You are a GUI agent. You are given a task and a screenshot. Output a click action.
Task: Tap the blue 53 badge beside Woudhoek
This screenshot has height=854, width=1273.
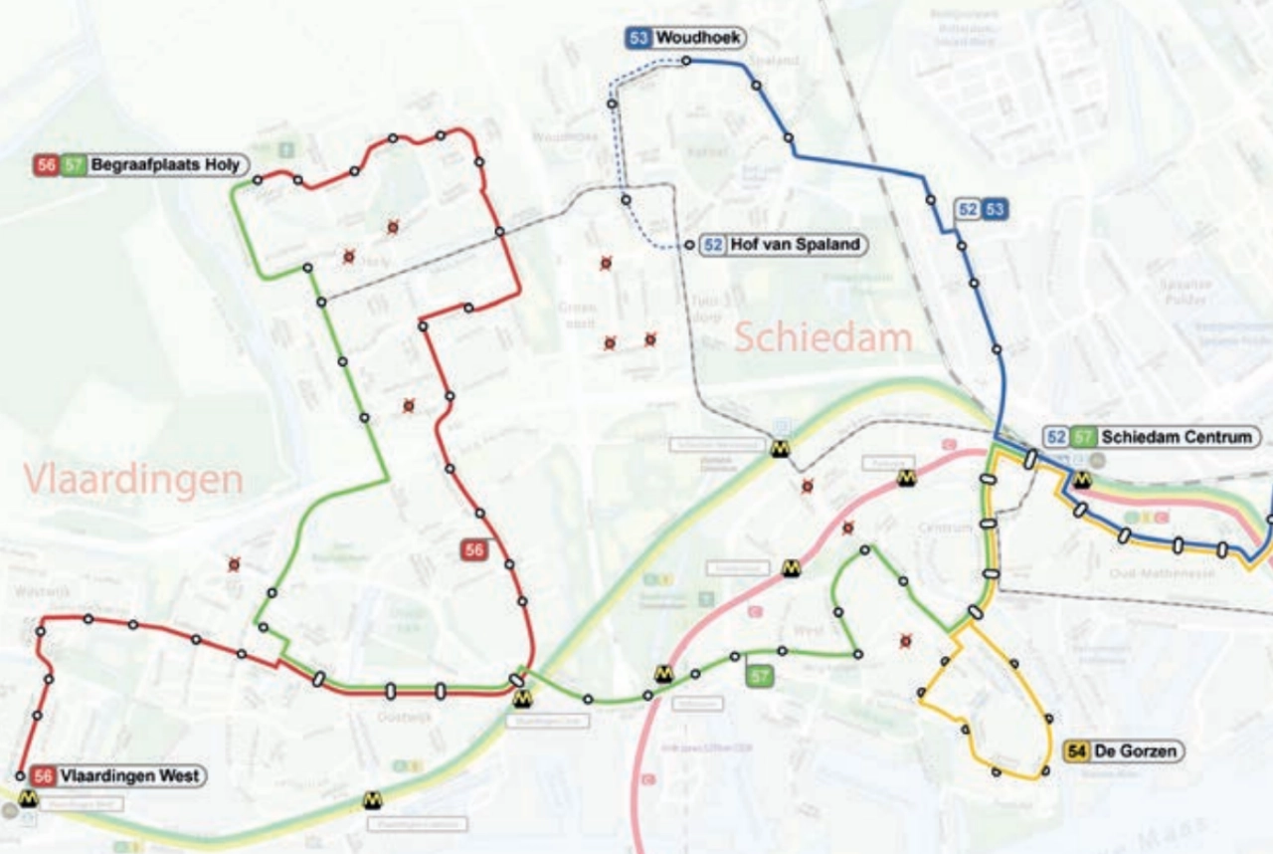coord(638,38)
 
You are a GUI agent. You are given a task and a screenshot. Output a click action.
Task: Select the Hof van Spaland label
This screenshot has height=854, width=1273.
coord(795,245)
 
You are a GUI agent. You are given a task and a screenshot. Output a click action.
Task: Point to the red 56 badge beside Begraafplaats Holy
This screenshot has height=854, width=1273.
coord(46,165)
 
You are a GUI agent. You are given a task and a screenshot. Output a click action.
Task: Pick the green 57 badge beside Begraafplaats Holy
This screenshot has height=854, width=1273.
coord(74,165)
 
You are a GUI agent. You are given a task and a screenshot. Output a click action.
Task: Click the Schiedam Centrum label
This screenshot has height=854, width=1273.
coord(1180,437)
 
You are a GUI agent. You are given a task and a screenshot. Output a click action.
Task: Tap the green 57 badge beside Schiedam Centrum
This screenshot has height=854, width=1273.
coord(1084,437)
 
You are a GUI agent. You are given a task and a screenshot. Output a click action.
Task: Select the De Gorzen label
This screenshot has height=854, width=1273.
coord(1137,751)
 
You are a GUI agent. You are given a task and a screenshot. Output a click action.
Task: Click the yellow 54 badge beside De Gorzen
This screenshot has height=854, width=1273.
coord(1076,751)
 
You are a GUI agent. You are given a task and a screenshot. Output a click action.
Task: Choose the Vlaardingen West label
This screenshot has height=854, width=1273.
coord(129,776)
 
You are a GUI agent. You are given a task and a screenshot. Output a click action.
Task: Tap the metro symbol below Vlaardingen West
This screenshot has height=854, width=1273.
coord(27,798)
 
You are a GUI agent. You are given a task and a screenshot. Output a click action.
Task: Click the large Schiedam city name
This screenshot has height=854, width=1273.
coord(823,338)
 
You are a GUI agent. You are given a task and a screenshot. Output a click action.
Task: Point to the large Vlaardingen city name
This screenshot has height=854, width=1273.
coord(133,480)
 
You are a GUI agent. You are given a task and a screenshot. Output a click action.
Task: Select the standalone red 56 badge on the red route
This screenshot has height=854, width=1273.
coord(474,549)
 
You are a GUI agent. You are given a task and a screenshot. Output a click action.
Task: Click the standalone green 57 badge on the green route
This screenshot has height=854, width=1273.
coord(760,677)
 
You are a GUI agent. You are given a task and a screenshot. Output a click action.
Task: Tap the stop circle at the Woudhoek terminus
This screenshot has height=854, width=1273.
coord(686,62)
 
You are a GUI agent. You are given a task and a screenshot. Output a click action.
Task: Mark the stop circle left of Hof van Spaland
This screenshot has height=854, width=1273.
coord(688,246)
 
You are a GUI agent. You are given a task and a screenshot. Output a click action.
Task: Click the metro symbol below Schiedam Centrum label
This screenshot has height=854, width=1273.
coord(1083,480)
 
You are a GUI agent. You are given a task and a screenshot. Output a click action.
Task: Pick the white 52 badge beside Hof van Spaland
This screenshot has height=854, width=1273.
coord(713,245)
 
